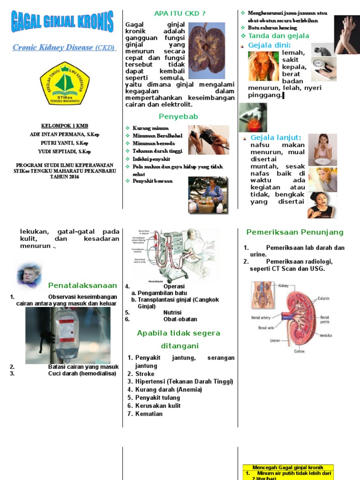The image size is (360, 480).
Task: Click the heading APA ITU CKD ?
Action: pyautogui.click(x=180, y=13)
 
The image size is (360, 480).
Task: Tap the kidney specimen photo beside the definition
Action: pyautogui.click(x=206, y=51)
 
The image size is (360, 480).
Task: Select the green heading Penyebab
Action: pyautogui.click(x=179, y=116)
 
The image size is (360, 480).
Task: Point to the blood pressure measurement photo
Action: pyautogui.click(x=209, y=140)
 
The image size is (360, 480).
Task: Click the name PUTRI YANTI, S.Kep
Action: pyautogui.click(x=64, y=143)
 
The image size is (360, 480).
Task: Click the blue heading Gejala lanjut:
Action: pyautogui.click(x=276, y=137)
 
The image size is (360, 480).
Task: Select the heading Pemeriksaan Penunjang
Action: pyautogui.click(x=295, y=232)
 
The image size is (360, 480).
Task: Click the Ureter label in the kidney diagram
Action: pyautogui.click(x=275, y=340)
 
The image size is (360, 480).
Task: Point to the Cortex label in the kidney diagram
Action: pyautogui.click(x=300, y=351)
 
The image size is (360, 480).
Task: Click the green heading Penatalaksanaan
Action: pyautogui.click(x=82, y=285)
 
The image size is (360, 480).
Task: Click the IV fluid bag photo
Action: pyautogui.click(x=68, y=335)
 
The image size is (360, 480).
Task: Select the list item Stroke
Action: pyautogui.click(x=145, y=374)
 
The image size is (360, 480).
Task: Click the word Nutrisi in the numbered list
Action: pyautogui.click(x=172, y=312)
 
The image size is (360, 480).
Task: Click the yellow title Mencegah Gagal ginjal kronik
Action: pyautogui.click(x=288, y=467)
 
